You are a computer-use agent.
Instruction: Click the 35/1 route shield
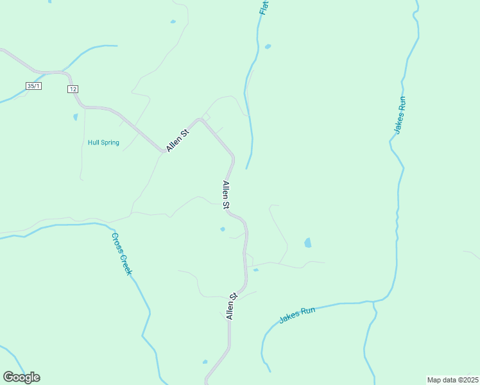[x=34, y=85]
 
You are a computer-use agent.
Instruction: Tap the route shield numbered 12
[x=73, y=89]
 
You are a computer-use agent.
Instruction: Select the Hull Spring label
[x=103, y=142]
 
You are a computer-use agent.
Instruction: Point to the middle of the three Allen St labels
[x=226, y=195]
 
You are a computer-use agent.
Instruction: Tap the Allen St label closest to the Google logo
[x=232, y=307]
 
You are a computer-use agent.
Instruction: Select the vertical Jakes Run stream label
[x=400, y=115]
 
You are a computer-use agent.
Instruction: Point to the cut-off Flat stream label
[x=264, y=8]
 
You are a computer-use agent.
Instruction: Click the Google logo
[x=21, y=377]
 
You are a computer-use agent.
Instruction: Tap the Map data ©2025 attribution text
[x=452, y=380]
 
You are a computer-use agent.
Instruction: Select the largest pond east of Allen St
[x=308, y=243]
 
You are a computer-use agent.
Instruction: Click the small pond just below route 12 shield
[x=75, y=117]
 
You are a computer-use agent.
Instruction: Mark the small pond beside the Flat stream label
[x=268, y=46]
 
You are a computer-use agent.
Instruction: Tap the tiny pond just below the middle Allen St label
[x=223, y=229]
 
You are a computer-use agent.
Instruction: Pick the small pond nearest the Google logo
[x=205, y=362]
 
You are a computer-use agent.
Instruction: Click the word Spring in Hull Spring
[x=110, y=142]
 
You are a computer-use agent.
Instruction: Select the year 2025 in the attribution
[x=469, y=380]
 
